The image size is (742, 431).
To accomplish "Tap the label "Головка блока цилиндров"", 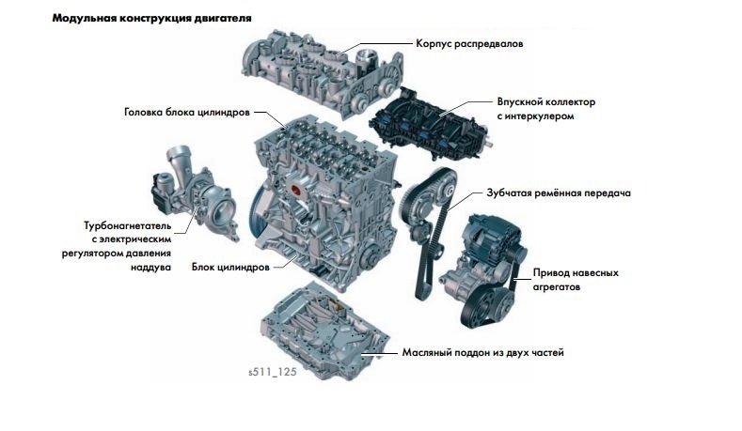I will click(x=187, y=111).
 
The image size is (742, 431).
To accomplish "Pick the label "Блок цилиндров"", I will click(x=230, y=267).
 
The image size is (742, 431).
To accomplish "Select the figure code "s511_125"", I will click(x=272, y=372).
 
